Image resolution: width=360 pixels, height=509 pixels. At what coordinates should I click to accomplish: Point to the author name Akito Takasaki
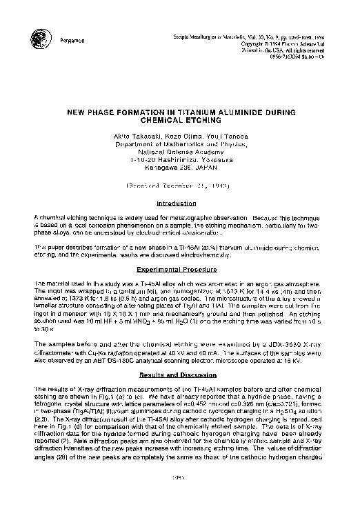point(137,137)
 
